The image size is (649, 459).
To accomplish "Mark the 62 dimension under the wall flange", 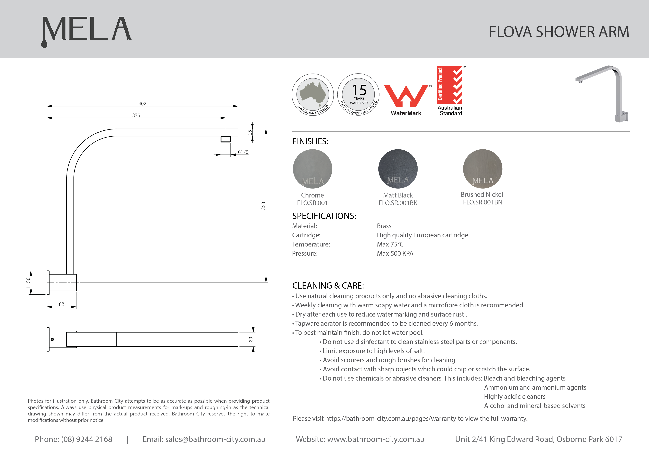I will pyautogui.click(x=62, y=304).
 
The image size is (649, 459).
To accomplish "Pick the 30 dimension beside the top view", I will pyautogui.click(x=251, y=339).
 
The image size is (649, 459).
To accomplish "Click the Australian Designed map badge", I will pyautogui.click(x=313, y=95).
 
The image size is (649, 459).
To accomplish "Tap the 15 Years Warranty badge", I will pyautogui.click(x=359, y=95).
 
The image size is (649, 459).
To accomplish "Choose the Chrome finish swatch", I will pyautogui.click(x=312, y=169).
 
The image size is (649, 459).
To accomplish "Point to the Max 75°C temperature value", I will pyautogui.click(x=390, y=244).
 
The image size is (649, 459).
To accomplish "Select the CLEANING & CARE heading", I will pyautogui.click(x=328, y=286).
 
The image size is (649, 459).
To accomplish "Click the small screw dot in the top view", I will pyautogui.click(x=52, y=339).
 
